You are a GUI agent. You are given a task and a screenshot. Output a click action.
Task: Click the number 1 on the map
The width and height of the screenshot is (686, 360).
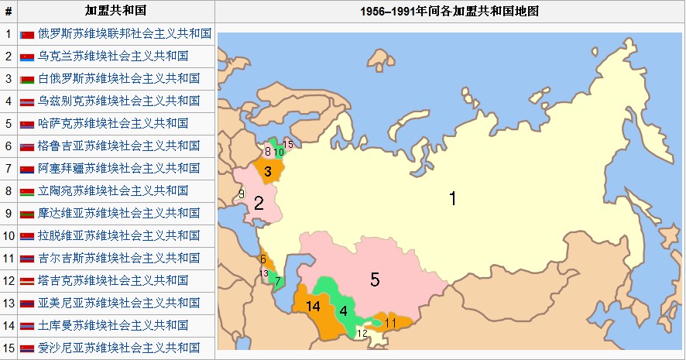point(453,199)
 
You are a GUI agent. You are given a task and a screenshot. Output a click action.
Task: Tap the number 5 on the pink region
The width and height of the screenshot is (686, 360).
point(375,279)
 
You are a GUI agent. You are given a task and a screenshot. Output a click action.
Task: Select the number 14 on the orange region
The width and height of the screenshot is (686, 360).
point(313,307)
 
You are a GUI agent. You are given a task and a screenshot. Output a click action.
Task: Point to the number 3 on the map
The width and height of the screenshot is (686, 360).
point(267,172)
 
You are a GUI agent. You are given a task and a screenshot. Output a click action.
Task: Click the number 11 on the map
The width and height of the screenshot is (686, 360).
point(390,322)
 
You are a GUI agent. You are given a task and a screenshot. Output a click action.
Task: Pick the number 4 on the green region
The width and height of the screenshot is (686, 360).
point(343,311)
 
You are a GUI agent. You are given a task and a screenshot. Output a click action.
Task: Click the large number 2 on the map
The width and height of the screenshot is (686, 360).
point(259,204)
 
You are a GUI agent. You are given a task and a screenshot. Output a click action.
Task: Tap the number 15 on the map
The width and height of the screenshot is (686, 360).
point(288,145)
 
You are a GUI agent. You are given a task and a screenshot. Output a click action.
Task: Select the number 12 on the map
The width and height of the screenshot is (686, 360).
point(362,334)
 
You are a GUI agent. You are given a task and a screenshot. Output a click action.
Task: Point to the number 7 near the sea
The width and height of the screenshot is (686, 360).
point(278,282)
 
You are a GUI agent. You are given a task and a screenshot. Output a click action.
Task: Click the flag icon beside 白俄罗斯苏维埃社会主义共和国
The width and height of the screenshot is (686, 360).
point(27,79)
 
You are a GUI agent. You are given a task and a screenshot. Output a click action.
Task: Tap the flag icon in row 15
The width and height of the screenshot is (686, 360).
point(27,348)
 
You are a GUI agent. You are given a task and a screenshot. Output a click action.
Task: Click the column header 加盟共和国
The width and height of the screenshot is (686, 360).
point(115,12)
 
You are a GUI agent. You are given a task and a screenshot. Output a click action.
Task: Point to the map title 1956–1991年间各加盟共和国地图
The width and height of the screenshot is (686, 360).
point(450,12)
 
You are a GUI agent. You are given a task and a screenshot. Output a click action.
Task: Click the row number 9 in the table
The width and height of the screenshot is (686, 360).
point(9,213)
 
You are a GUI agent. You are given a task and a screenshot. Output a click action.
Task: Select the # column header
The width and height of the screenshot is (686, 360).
point(9,12)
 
